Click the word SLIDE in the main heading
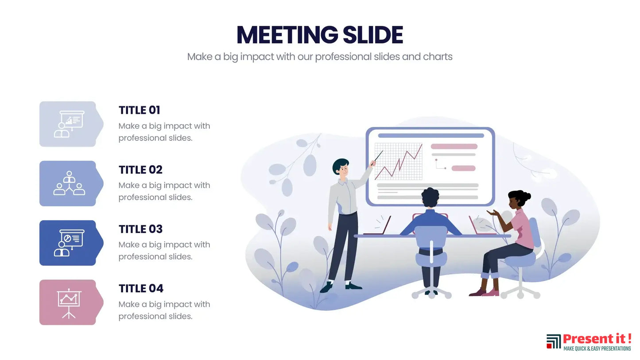click(x=373, y=35)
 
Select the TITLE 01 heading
click(x=140, y=110)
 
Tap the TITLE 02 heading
click(x=140, y=170)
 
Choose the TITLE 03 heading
click(x=140, y=229)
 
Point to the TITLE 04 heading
click(x=141, y=289)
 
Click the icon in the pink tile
click(x=69, y=303)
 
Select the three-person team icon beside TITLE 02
click(x=69, y=183)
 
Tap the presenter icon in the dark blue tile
click(x=69, y=243)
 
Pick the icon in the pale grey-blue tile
click(x=69, y=124)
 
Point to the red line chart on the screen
click(x=398, y=162)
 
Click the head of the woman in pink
click(x=518, y=198)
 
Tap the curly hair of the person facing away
click(x=431, y=197)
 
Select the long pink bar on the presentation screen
click(x=454, y=147)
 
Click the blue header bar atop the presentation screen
click(x=431, y=135)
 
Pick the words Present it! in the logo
click(x=597, y=339)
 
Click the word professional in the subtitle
click(x=343, y=57)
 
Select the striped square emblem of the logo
click(x=554, y=341)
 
